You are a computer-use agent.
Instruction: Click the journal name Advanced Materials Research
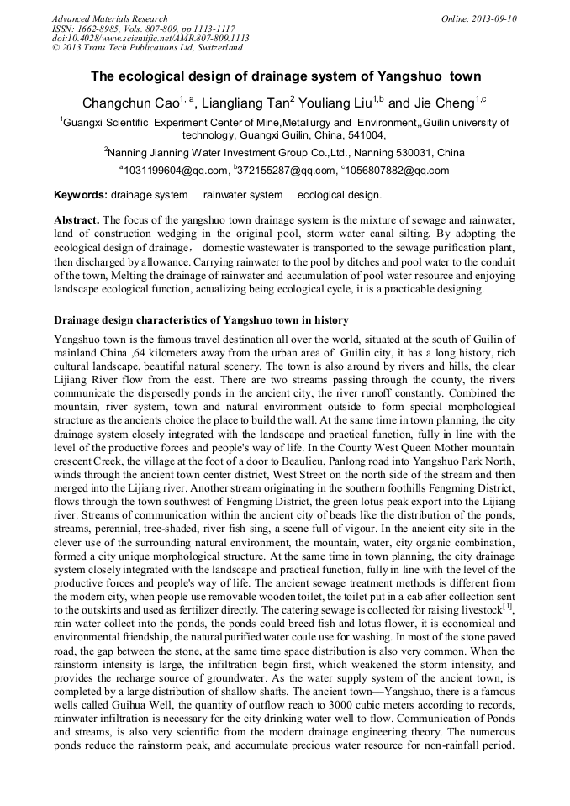pyautogui.click(x=109, y=18)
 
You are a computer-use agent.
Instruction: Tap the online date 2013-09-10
pyautogui.click(x=491, y=18)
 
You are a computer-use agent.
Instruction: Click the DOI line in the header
pyautogui.click(x=150, y=39)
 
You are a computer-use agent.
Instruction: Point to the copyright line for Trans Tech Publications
pyautogui.click(x=147, y=48)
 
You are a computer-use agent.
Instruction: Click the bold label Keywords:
pyautogui.click(x=81, y=195)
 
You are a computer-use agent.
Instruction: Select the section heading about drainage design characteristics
pyautogui.click(x=201, y=320)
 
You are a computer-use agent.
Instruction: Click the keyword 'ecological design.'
pyautogui.click(x=340, y=195)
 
